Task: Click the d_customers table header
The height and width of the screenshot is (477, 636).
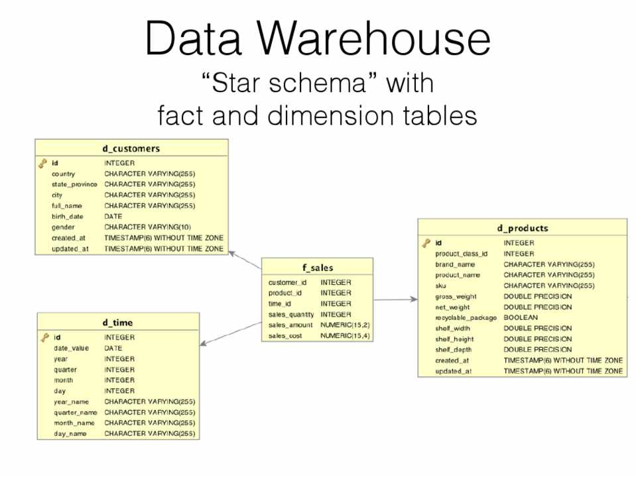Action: click(131, 148)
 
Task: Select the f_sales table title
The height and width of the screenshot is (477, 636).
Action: click(318, 268)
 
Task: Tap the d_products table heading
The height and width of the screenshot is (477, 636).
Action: click(523, 229)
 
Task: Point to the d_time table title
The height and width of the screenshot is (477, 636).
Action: click(117, 323)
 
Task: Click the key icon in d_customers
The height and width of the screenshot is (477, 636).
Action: click(42, 163)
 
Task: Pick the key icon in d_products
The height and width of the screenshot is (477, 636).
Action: click(426, 243)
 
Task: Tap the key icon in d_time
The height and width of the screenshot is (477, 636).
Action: click(44, 337)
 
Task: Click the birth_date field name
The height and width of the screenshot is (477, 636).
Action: click(68, 217)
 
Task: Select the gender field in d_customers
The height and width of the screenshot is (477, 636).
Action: click(63, 227)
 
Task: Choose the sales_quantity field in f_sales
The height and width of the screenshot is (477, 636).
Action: click(291, 315)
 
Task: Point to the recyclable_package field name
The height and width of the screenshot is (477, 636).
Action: click(466, 318)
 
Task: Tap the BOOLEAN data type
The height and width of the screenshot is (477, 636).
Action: click(521, 318)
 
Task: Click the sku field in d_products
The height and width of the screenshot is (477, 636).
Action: click(440, 286)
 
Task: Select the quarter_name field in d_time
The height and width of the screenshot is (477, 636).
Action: click(76, 412)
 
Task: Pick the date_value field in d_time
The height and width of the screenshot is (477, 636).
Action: click(71, 348)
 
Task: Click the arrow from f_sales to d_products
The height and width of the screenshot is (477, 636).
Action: click(396, 299)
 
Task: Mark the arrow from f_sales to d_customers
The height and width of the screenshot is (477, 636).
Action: click(245, 260)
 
